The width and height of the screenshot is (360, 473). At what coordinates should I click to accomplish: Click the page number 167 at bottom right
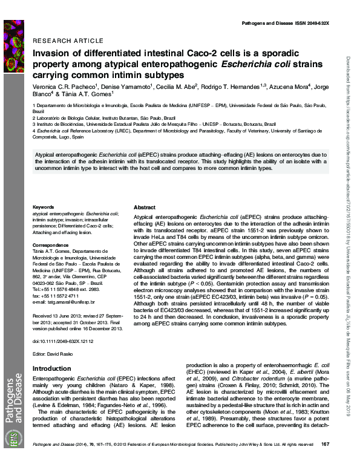pyautogui.click(x=324, y=462)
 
